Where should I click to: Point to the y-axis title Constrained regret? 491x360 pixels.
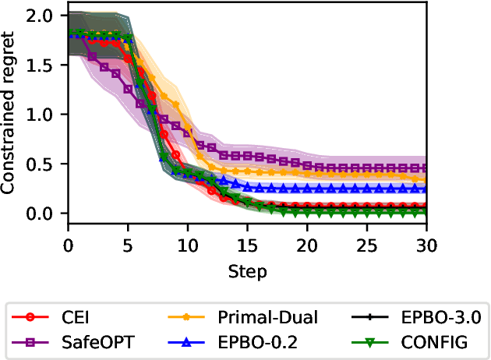coord(11,115)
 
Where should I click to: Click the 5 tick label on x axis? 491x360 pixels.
coord(127,245)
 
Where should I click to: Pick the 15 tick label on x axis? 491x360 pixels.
coord(247,245)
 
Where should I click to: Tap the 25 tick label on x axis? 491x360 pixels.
coord(367,245)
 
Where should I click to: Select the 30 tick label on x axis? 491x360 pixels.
coord(426,245)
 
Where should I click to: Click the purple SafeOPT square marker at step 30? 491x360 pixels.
coord(427,168)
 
